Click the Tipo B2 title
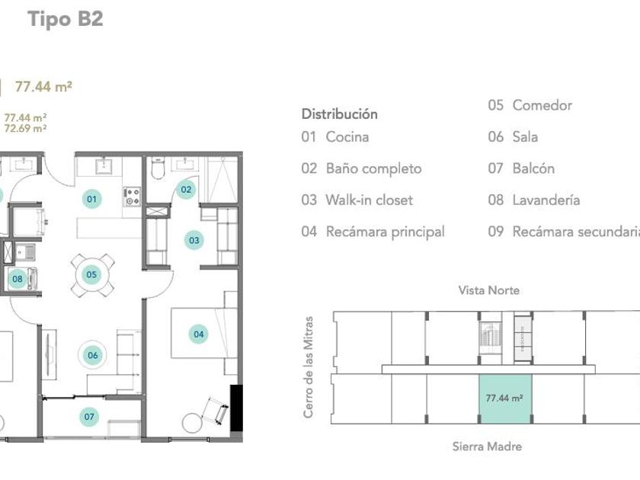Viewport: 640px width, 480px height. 66,19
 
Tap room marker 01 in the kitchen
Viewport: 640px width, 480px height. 92,199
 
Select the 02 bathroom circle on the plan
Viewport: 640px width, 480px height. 186,190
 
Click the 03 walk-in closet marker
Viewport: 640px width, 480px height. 194,240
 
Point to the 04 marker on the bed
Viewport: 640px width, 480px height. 198,334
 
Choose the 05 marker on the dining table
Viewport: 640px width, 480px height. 91,274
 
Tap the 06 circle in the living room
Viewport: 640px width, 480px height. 93,355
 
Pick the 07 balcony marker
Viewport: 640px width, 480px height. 89,417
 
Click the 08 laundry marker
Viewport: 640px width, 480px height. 17,279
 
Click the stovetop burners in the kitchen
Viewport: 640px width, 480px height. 133,197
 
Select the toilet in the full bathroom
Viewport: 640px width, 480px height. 158,168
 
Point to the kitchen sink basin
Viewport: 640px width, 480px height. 105,166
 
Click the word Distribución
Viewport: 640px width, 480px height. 340,114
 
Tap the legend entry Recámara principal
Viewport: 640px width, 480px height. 386,232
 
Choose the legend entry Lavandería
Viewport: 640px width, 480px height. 546,200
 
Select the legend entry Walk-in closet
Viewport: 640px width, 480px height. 370,200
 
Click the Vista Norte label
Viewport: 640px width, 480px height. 489,290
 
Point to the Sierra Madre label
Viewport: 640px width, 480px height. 487,446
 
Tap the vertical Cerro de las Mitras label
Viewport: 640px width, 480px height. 309,367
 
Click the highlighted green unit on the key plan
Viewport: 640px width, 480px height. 505,398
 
